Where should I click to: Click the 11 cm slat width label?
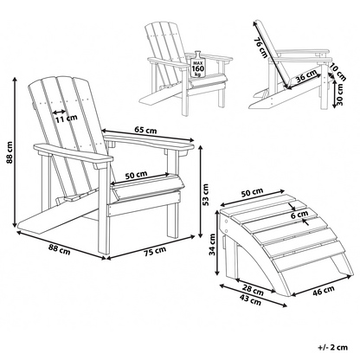[x=67, y=118]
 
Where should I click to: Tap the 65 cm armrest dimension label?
[x=145, y=130]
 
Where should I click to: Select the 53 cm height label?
[x=206, y=195]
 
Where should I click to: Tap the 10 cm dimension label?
[x=337, y=72]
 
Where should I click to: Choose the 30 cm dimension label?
[x=340, y=94]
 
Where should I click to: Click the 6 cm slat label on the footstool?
[x=299, y=215]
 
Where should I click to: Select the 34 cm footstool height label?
[x=212, y=244]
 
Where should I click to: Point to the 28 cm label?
[x=253, y=291]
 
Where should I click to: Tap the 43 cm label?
[x=250, y=301]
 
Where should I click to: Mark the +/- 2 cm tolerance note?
[x=333, y=347]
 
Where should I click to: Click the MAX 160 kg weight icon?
[x=198, y=64]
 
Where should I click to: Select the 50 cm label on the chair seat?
[x=136, y=175]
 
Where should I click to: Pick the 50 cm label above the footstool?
[x=252, y=193]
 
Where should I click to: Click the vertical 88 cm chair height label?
[x=10, y=152]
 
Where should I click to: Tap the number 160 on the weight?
[x=198, y=68]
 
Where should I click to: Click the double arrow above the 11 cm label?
[x=59, y=112]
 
